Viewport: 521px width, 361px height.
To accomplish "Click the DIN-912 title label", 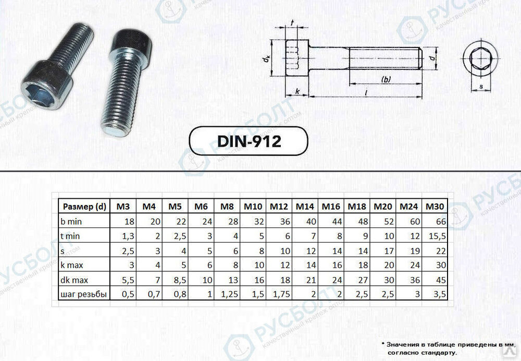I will pos(247,141).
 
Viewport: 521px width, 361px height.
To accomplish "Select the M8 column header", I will pos(227,207).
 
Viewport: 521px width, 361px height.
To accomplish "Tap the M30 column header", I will pos(435,207).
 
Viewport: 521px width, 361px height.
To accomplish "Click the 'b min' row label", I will pos(72,221).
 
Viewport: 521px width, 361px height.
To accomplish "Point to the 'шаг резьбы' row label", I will pos(83,294).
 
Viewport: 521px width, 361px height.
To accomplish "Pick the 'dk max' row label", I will pos(75,280).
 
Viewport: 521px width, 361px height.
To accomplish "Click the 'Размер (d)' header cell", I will pos(84,207).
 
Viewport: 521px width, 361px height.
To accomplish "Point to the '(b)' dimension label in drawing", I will pos(386,79).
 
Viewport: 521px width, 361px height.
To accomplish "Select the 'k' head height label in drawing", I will pos(297,91).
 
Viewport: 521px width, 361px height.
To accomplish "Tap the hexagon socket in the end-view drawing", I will pos(478,62).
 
